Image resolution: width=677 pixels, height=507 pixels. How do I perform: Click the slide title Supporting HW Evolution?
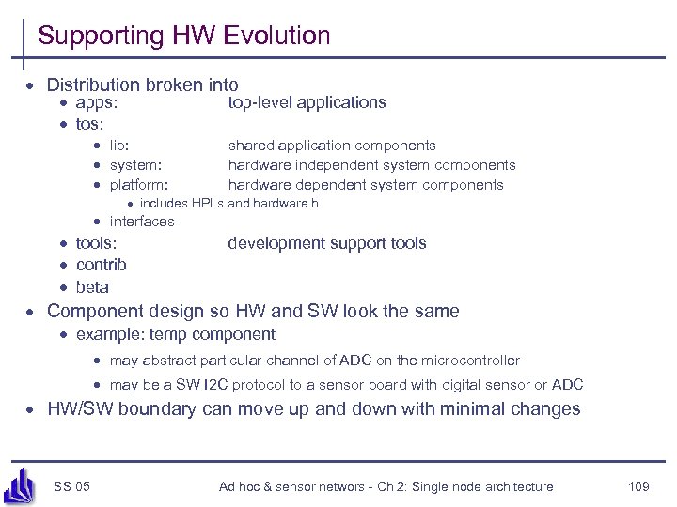point(184,37)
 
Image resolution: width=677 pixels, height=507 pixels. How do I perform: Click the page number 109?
point(638,485)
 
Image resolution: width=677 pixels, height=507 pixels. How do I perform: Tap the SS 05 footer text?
point(71,485)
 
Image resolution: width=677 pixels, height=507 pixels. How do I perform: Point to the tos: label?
point(89,124)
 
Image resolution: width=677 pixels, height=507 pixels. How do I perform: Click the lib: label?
point(119,146)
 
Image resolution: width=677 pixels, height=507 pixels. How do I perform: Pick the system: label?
point(133,165)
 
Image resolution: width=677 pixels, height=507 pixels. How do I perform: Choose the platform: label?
point(138,185)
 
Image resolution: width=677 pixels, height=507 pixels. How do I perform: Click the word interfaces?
point(142,222)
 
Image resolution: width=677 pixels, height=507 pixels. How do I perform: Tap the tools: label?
point(96,243)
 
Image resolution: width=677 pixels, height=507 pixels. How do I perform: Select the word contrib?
point(101,265)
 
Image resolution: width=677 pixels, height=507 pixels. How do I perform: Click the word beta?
point(92,287)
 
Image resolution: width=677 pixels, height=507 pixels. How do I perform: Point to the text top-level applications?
point(307,102)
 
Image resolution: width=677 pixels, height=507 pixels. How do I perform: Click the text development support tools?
point(326,243)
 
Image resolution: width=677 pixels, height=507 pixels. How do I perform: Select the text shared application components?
point(332,146)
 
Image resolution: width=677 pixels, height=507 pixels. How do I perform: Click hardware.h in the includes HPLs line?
point(285,203)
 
